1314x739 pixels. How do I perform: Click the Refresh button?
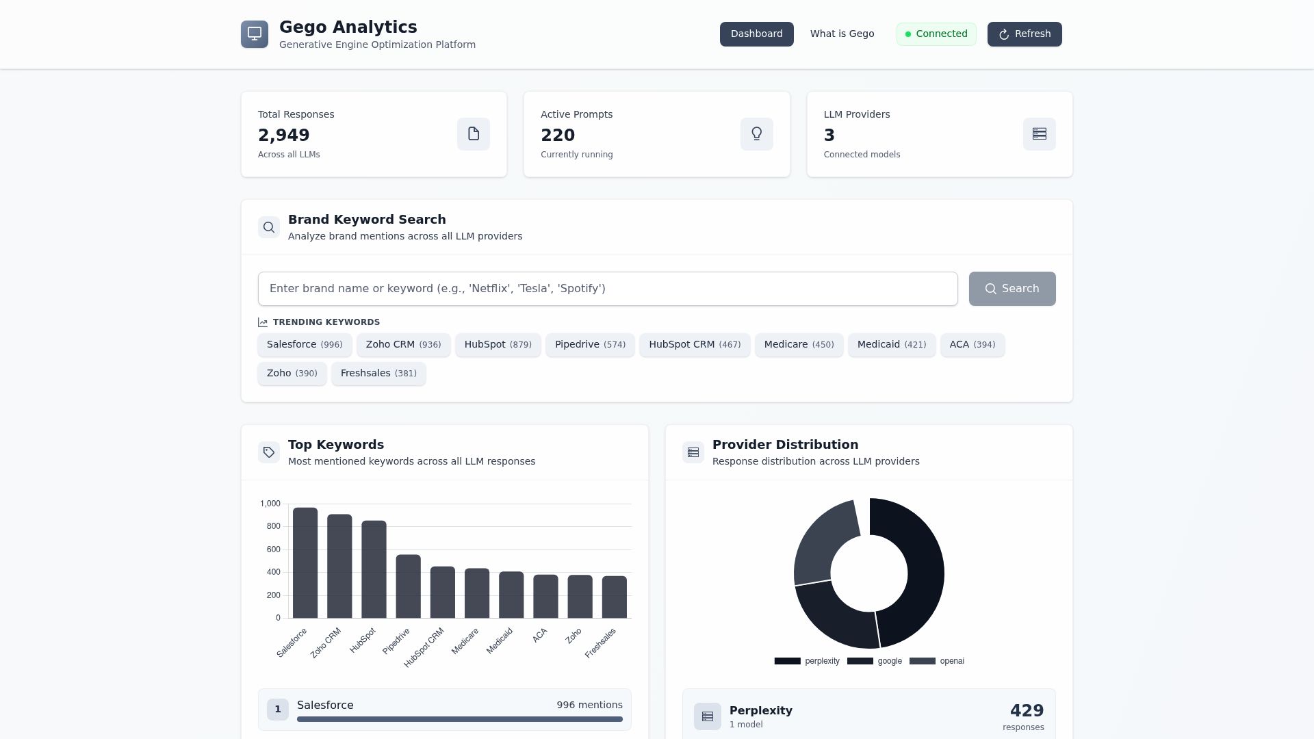tap(1025, 34)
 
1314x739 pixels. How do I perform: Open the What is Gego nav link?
tap(842, 34)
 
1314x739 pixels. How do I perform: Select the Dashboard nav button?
tap(756, 34)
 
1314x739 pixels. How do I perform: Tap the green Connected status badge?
tap(936, 34)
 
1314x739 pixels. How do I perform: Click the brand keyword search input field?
tap(607, 289)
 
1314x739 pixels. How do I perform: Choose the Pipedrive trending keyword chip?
tap(590, 345)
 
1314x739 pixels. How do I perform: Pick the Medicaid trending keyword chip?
tap(891, 345)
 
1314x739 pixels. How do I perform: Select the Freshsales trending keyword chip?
tap(378, 374)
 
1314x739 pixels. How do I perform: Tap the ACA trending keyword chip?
tap(972, 345)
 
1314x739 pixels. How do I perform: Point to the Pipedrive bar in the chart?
tap(408, 586)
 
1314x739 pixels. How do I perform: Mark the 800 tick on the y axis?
tap(274, 526)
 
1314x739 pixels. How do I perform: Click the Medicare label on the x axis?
tap(465, 641)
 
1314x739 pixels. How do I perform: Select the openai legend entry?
tap(937, 661)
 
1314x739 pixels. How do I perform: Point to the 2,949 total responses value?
tap(284, 135)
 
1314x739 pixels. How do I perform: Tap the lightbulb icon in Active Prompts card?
tap(756, 134)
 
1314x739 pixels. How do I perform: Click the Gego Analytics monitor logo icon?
tap(255, 34)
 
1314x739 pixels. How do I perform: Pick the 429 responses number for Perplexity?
tap(1027, 711)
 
